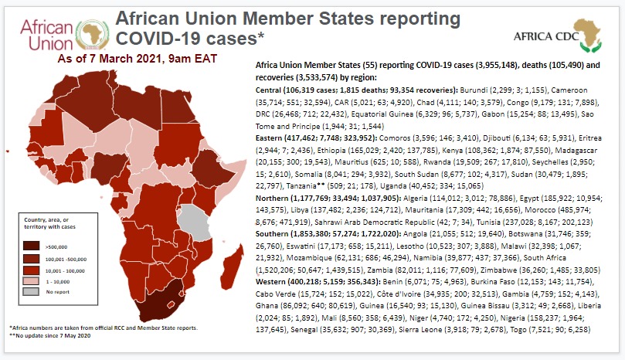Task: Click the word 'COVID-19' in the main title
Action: point(155,37)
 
